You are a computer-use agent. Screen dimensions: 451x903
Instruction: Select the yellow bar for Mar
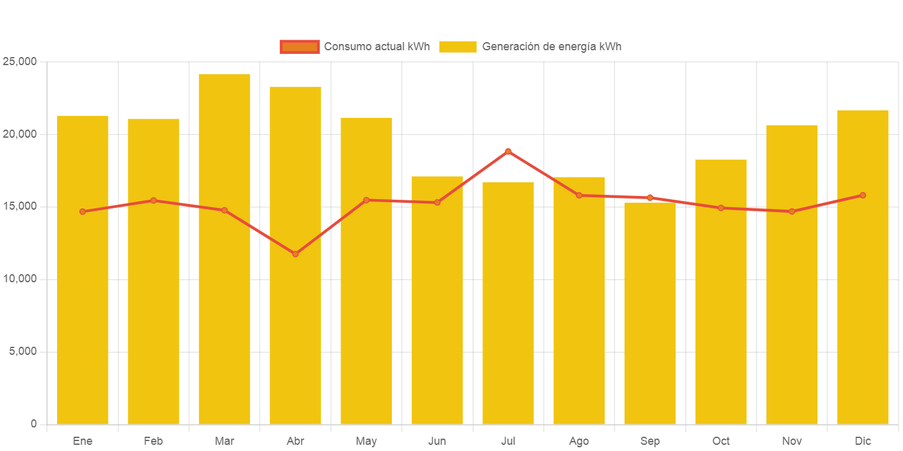tap(225, 248)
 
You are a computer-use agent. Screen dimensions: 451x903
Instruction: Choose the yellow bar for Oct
tap(721, 292)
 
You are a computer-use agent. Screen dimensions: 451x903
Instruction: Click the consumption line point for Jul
tap(508, 151)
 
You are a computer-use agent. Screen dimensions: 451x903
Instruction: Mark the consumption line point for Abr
tap(295, 254)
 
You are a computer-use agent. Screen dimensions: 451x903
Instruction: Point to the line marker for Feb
tap(153, 200)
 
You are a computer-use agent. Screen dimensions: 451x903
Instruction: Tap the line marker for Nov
tap(792, 212)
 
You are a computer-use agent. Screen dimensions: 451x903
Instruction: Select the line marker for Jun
tap(437, 202)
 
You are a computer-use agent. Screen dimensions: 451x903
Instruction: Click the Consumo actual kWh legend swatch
tap(300, 47)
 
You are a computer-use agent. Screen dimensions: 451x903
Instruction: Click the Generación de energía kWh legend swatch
tap(458, 47)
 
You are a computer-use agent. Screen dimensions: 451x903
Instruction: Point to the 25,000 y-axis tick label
tap(20, 61)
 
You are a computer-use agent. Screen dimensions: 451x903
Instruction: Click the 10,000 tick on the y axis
tap(20, 279)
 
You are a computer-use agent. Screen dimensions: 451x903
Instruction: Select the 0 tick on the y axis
tap(33, 424)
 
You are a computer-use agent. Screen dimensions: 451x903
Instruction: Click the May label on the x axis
tap(366, 441)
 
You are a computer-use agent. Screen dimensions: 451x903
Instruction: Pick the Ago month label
tap(579, 441)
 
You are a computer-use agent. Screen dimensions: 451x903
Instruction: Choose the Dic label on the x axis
tap(863, 441)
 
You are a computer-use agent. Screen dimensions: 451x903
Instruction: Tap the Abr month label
tap(295, 441)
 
